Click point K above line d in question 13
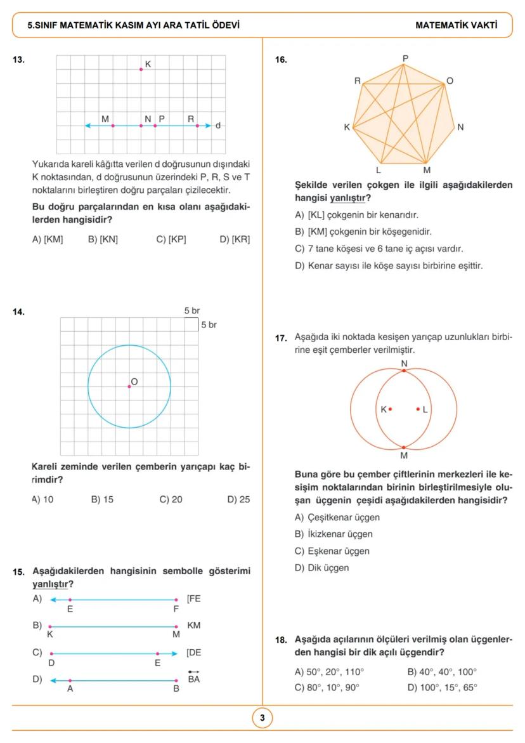(x=141, y=69)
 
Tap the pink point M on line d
(x=113, y=126)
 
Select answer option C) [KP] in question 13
(x=171, y=239)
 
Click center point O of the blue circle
(x=129, y=386)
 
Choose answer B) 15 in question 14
(x=102, y=499)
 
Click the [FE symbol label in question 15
(x=194, y=598)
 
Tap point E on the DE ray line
(x=158, y=653)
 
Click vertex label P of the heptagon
(x=406, y=59)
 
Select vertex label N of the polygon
(x=460, y=127)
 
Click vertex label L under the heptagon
(x=379, y=170)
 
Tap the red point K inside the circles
(x=390, y=409)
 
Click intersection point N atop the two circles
(x=405, y=370)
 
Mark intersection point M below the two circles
(x=405, y=447)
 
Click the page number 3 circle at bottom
(x=262, y=718)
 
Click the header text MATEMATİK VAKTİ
(x=456, y=26)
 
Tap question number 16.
(x=280, y=60)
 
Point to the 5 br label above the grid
(x=192, y=311)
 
